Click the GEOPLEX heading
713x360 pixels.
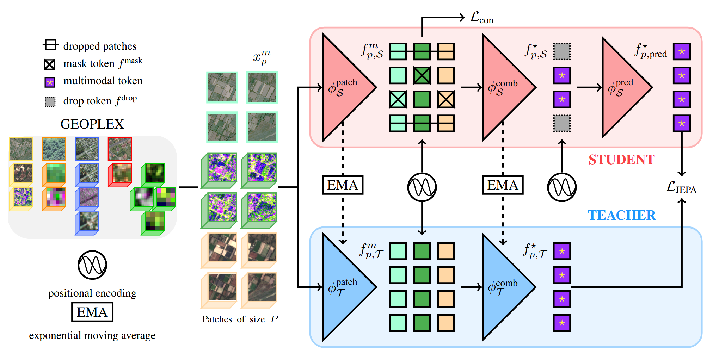(x=92, y=124)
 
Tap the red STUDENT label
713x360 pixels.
(x=621, y=160)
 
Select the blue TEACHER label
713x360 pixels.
(x=622, y=215)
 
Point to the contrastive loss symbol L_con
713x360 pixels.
(x=481, y=18)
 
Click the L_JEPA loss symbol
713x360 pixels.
(x=681, y=187)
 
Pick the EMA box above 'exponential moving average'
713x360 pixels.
(x=92, y=312)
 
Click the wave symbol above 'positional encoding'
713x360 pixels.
(x=92, y=265)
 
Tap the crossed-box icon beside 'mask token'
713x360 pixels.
(x=49, y=64)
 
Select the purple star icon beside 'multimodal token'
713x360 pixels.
(x=50, y=82)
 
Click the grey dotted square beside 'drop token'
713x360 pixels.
(x=50, y=101)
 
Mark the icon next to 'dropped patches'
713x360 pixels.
(x=50, y=45)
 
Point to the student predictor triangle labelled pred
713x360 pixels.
(x=622, y=87)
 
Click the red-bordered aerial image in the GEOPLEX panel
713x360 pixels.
(x=120, y=149)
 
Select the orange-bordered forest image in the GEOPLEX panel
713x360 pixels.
(x=54, y=149)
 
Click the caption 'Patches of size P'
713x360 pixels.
(x=240, y=319)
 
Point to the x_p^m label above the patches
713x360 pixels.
(x=262, y=57)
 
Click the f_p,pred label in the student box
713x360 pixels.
(x=651, y=51)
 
